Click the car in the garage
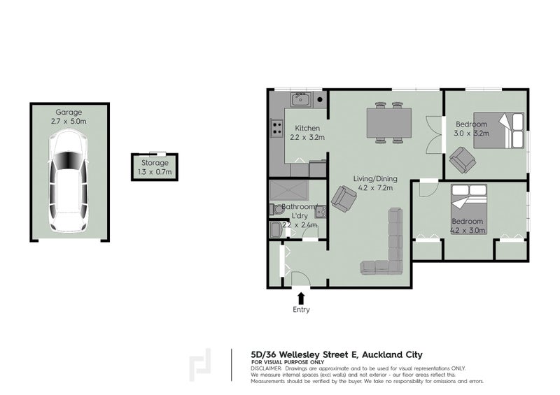(69, 182)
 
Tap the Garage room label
(69, 112)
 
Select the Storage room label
(155, 163)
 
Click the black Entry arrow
(302, 297)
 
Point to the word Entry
(302, 310)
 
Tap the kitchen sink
(302, 99)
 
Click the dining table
(389, 123)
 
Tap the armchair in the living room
(343, 199)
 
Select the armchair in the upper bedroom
(462, 160)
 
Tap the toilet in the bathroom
(275, 230)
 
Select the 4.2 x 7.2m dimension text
(374, 187)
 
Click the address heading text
(336, 354)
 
